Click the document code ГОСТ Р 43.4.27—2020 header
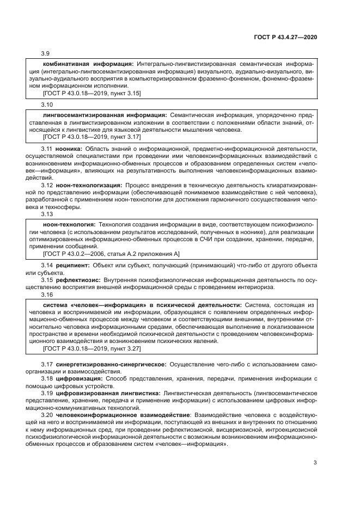point(285,38)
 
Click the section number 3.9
point(46,53)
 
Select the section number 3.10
point(47,103)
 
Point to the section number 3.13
point(47,214)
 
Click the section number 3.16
point(47,294)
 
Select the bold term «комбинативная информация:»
point(89,63)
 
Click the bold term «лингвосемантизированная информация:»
point(105,115)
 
